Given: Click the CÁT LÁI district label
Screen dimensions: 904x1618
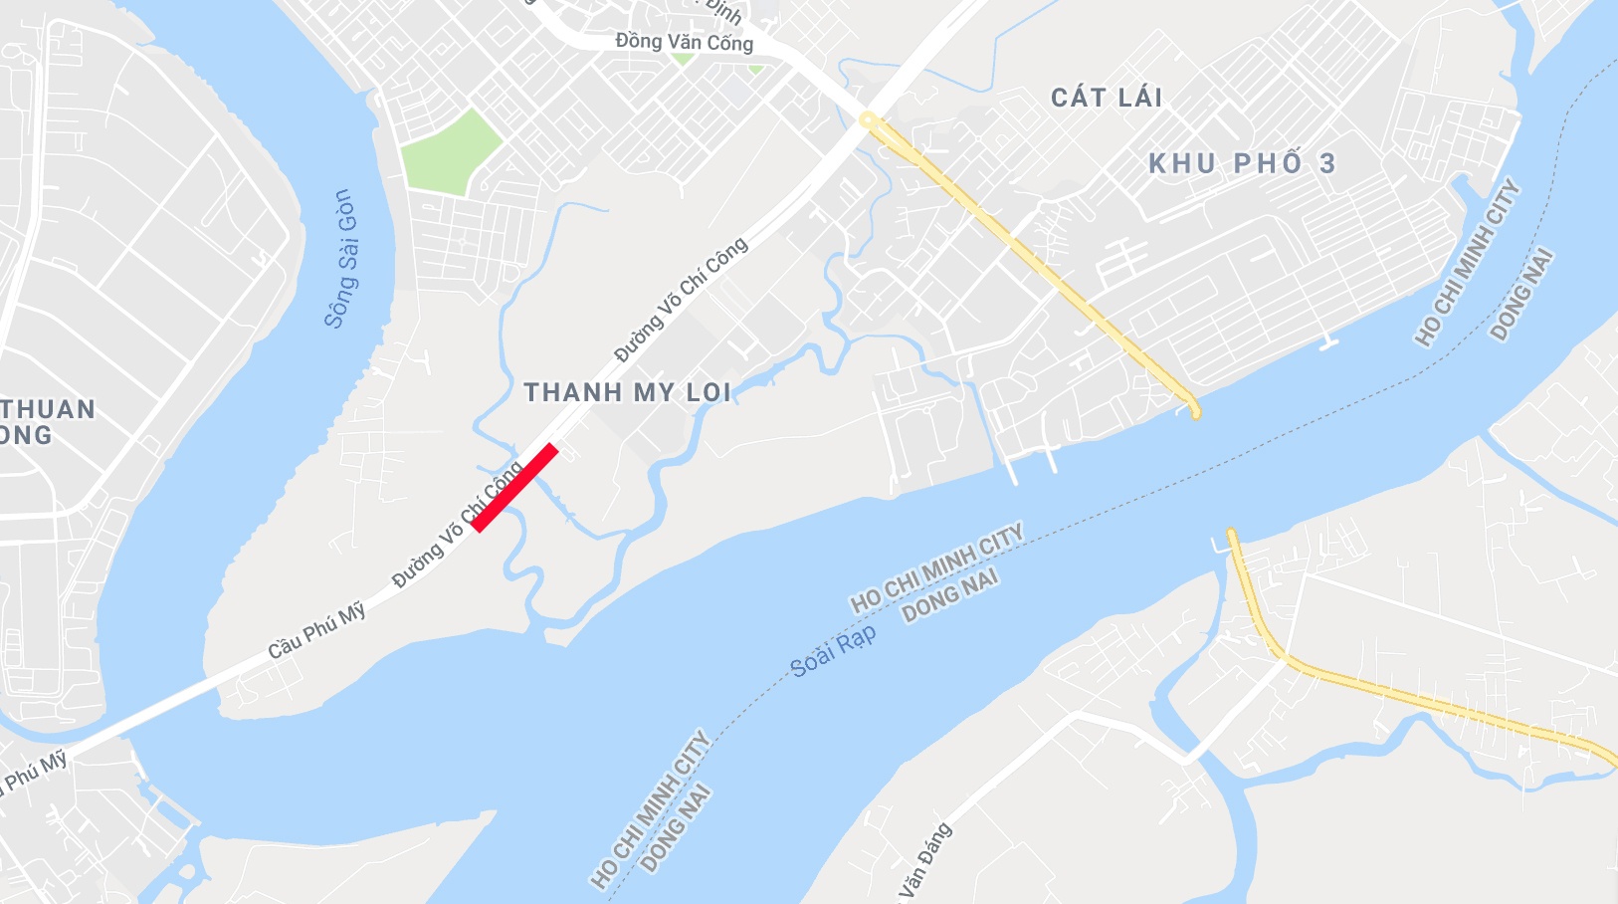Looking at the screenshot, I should (1107, 98).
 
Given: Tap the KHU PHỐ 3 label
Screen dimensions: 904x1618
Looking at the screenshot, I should (1242, 164).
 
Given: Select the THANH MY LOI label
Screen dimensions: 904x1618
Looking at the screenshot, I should (628, 392).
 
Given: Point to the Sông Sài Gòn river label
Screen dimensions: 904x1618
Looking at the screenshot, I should (341, 259).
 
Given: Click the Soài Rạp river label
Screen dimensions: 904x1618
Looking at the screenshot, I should (833, 651).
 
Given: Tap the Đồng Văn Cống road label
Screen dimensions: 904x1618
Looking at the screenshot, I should (684, 42).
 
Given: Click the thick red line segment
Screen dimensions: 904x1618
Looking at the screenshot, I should (514, 488).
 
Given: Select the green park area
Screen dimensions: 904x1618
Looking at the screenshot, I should (451, 151).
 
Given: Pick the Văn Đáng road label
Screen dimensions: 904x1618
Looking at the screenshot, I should (925, 863).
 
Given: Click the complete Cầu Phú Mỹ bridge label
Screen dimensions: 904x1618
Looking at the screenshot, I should (316, 631).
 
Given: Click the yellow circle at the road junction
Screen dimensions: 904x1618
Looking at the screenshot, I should (868, 119).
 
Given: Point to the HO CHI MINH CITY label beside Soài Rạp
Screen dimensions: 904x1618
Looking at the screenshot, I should (936, 567).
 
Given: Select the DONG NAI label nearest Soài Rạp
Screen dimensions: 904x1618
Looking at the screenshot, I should (949, 595).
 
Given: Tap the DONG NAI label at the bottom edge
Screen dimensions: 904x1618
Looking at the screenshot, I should (677, 828).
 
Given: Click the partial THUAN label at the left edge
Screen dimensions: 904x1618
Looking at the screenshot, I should (48, 409).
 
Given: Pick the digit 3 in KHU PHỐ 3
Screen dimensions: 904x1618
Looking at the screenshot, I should (1327, 164).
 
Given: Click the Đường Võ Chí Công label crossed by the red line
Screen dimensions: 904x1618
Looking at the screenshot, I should (458, 525).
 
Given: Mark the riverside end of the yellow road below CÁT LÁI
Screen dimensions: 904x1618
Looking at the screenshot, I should (1194, 411).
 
